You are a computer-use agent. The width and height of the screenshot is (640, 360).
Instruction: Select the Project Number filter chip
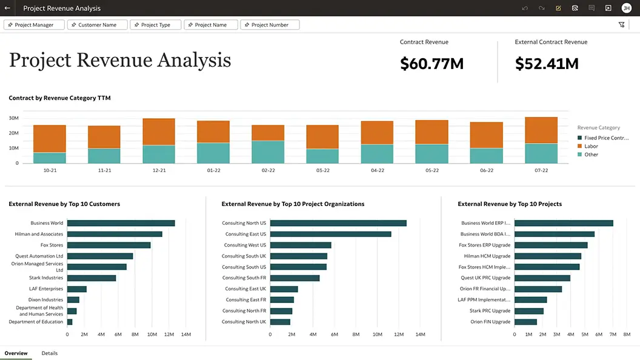[270, 25]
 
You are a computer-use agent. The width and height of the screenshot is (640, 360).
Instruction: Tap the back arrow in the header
[7, 8]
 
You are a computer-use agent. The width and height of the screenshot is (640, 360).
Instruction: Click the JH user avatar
[626, 8]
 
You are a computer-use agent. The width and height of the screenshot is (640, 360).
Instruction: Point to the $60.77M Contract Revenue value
[432, 64]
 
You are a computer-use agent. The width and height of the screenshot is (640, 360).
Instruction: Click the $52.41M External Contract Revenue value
[546, 64]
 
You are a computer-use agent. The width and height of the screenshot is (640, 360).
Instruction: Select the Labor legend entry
[591, 146]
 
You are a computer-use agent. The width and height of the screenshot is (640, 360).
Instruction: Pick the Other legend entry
[591, 155]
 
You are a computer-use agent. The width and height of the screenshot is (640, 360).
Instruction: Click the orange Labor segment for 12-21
[159, 132]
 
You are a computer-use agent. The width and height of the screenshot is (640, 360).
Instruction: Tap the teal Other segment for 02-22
[268, 152]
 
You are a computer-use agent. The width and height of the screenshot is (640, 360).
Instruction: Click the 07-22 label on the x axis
[541, 171]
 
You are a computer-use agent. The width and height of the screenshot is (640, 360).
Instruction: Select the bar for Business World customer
[121, 223]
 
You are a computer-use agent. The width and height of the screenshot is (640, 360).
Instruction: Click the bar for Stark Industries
[91, 278]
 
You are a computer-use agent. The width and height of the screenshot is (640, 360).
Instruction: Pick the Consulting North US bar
[338, 223]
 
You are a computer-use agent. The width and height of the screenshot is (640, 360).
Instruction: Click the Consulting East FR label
[245, 300]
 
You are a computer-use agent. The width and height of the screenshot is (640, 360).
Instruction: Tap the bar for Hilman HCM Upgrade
[547, 256]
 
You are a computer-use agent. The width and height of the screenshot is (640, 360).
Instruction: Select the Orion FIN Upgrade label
[490, 322]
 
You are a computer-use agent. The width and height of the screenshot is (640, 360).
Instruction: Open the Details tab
[50, 353]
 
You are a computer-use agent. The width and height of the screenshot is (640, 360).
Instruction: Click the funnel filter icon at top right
[621, 25]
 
